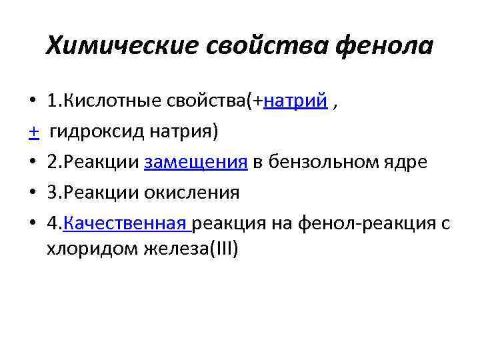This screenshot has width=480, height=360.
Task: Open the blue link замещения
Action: coord(197,163)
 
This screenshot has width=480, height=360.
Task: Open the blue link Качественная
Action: coord(126,224)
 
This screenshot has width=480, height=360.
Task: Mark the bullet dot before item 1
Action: coord(33,102)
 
